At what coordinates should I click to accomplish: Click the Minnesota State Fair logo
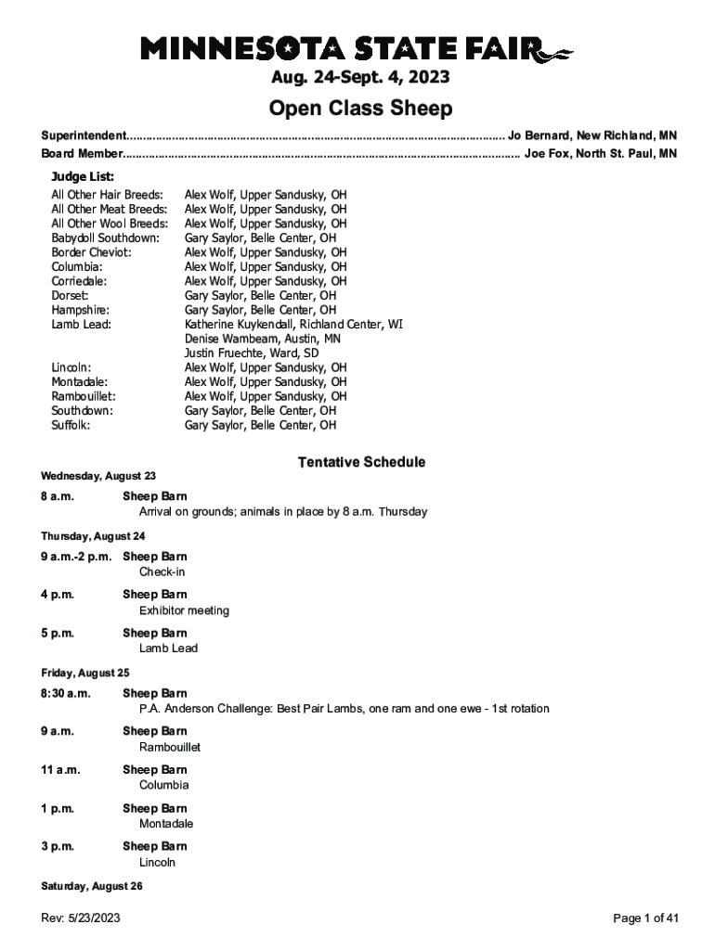coord(357,48)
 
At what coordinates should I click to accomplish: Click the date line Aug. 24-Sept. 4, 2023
coord(357,77)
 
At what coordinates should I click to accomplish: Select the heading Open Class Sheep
coord(360,109)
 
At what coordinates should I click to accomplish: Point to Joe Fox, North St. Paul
coord(600,154)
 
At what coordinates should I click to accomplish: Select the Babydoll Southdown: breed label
coord(105,238)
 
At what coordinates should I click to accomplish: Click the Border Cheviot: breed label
coord(91,252)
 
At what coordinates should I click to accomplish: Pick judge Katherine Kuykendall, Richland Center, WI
coord(293,325)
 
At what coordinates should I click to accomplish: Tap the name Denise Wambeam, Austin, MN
coord(262,340)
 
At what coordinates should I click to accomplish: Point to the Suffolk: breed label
coord(71,426)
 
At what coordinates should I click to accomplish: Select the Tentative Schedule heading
coord(361,462)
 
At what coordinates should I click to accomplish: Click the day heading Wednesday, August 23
coord(98,476)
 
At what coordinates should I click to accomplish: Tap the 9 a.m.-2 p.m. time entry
coord(76,557)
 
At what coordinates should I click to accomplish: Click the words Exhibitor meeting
coord(184,610)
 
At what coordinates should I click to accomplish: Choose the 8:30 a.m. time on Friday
coord(66,693)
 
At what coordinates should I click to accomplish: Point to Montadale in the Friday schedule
coord(166,824)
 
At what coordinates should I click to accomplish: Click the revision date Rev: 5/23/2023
coord(80,918)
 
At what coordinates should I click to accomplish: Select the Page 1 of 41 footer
coord(646,918)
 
